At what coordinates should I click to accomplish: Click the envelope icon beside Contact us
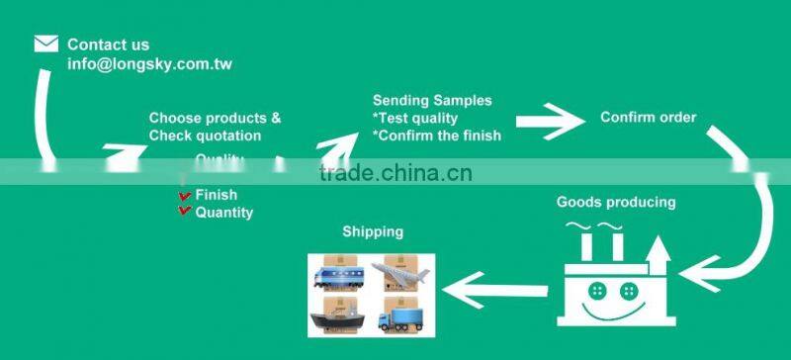click(45, 44)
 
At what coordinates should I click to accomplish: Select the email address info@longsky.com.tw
click(149, 64)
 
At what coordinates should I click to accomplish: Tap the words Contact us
click(108, 45)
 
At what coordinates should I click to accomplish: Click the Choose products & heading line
click(215, 118)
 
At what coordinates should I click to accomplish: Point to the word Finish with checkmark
click(216, 195)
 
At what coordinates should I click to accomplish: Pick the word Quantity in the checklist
click(223, 212)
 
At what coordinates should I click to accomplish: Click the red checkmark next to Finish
click(185, 196)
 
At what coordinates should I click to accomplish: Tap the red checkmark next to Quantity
click(185, 212)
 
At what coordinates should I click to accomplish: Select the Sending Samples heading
click(432, 100)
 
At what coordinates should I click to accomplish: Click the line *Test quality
click(414, 118)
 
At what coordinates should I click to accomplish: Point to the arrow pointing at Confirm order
click(551, 124)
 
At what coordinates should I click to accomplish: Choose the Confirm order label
click(649, 117)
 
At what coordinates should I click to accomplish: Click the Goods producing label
click(616, 202)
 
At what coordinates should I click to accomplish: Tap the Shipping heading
click(373, 231)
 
